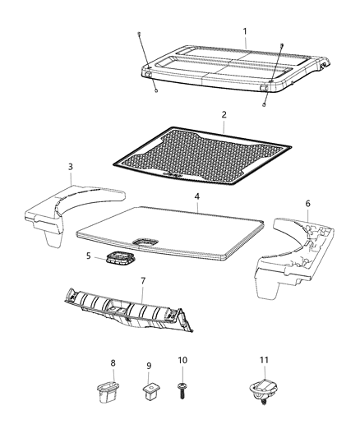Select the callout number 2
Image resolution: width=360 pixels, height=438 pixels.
223,116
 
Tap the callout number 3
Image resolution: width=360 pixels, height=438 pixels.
70,167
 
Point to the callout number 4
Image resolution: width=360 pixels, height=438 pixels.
197,196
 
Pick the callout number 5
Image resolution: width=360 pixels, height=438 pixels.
90,256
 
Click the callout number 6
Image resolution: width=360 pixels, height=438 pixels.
307,203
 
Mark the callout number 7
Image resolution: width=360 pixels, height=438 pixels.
141,282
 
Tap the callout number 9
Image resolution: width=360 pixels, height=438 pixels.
149,366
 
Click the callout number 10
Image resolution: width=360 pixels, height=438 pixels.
183,360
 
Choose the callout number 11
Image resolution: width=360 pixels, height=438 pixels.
263,360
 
